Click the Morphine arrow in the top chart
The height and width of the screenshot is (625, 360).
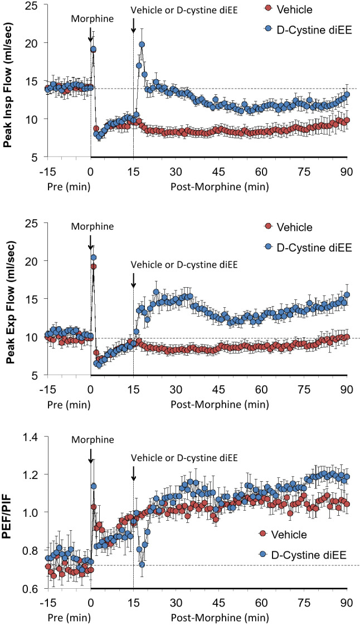90,35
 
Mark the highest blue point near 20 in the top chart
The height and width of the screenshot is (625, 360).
142,45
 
